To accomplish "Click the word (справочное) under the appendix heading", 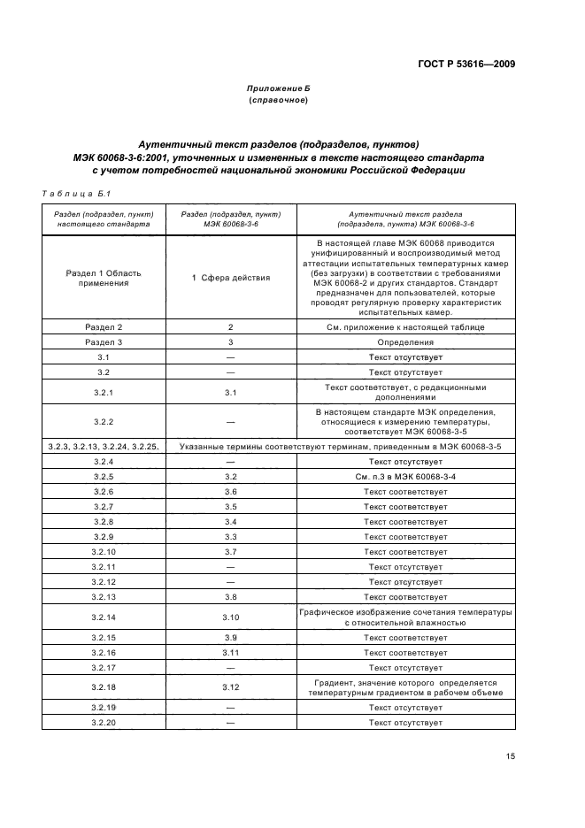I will [278, 101].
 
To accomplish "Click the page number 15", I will [511, 756].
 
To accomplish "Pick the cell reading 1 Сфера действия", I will [231, 278].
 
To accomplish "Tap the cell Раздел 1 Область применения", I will [104, 278].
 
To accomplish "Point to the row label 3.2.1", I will [104, 392].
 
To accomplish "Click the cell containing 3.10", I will [231, 617].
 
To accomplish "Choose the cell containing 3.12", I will [231, 687].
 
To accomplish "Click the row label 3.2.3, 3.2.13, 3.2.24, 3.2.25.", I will [104, 447].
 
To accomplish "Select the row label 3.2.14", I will [104, 617].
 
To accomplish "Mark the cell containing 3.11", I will [231, 652].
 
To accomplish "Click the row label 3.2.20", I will [104, 723].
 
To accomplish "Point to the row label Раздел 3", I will [104, 341].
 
